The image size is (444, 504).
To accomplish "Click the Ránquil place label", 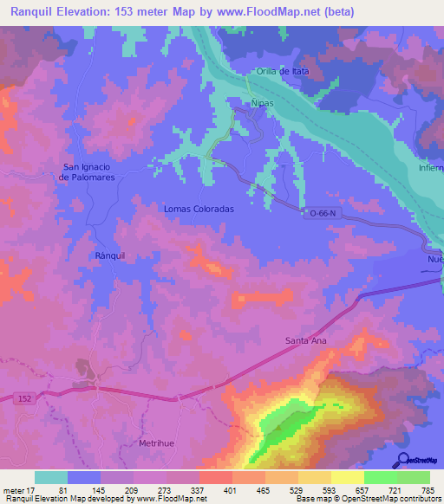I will pyautogui.click(x=110, y=256).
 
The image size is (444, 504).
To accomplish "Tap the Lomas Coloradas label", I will pyautogui.click(x=199, y=209).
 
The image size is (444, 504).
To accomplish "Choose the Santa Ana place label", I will pyautogui.click(x=306, y=341).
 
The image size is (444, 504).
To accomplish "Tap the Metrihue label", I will pyautogui.click(x=157, y=443).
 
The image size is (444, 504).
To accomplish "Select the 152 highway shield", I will pyautogui.click(x=24, y=397).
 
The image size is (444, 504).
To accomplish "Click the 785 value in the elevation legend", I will pyautogui.click(x=428, y=490).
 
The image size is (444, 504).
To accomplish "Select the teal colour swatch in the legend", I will pyautogui.click(x=51, y=477).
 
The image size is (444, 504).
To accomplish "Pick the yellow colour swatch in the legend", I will pyautogui.click(x=348, y=477).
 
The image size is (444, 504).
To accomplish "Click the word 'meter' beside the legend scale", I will pyautogui.click(x=15, y=490).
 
